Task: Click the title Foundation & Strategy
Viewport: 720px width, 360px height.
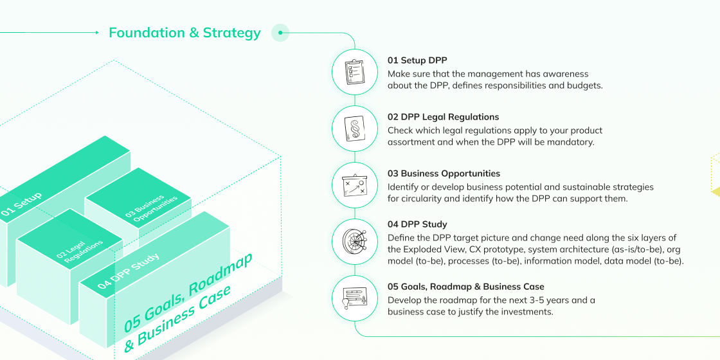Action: point(184,33)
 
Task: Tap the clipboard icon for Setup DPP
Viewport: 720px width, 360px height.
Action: point(355,71)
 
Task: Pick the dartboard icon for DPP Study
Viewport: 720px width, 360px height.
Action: point(355,241)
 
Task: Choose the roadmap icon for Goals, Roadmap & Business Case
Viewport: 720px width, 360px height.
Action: point(355,298)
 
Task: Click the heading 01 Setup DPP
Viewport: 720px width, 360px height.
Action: point(417,60)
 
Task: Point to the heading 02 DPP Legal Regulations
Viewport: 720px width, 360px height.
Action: point(443,117)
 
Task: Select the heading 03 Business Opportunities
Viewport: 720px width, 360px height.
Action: point(444,174)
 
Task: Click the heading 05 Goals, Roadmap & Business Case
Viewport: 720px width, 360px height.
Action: point(465,287)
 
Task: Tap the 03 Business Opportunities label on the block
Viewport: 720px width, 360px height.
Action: point(152,206)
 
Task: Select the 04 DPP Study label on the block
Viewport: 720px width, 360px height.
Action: point(129,271)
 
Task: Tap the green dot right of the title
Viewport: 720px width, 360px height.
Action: point(280,32)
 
